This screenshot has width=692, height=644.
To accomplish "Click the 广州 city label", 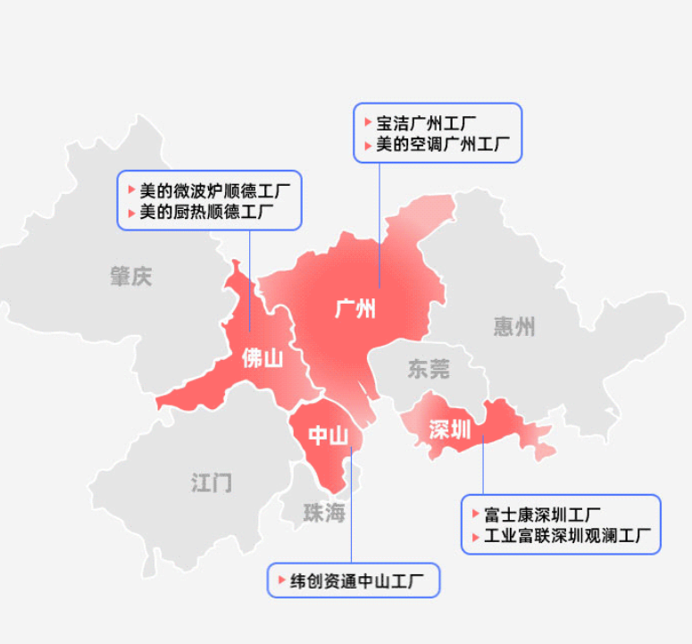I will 354,309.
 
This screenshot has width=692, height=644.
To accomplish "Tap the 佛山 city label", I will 262,358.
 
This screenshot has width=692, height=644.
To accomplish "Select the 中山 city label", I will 328,435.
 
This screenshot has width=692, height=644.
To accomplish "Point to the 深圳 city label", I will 449,429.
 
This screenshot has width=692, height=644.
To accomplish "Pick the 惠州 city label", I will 514,327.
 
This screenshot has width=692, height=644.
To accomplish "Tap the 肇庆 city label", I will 131,276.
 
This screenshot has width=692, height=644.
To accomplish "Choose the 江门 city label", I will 212,483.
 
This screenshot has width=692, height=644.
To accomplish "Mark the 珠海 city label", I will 323,513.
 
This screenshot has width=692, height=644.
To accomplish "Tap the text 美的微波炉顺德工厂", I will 214,190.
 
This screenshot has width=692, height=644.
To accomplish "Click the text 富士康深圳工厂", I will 542,515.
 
